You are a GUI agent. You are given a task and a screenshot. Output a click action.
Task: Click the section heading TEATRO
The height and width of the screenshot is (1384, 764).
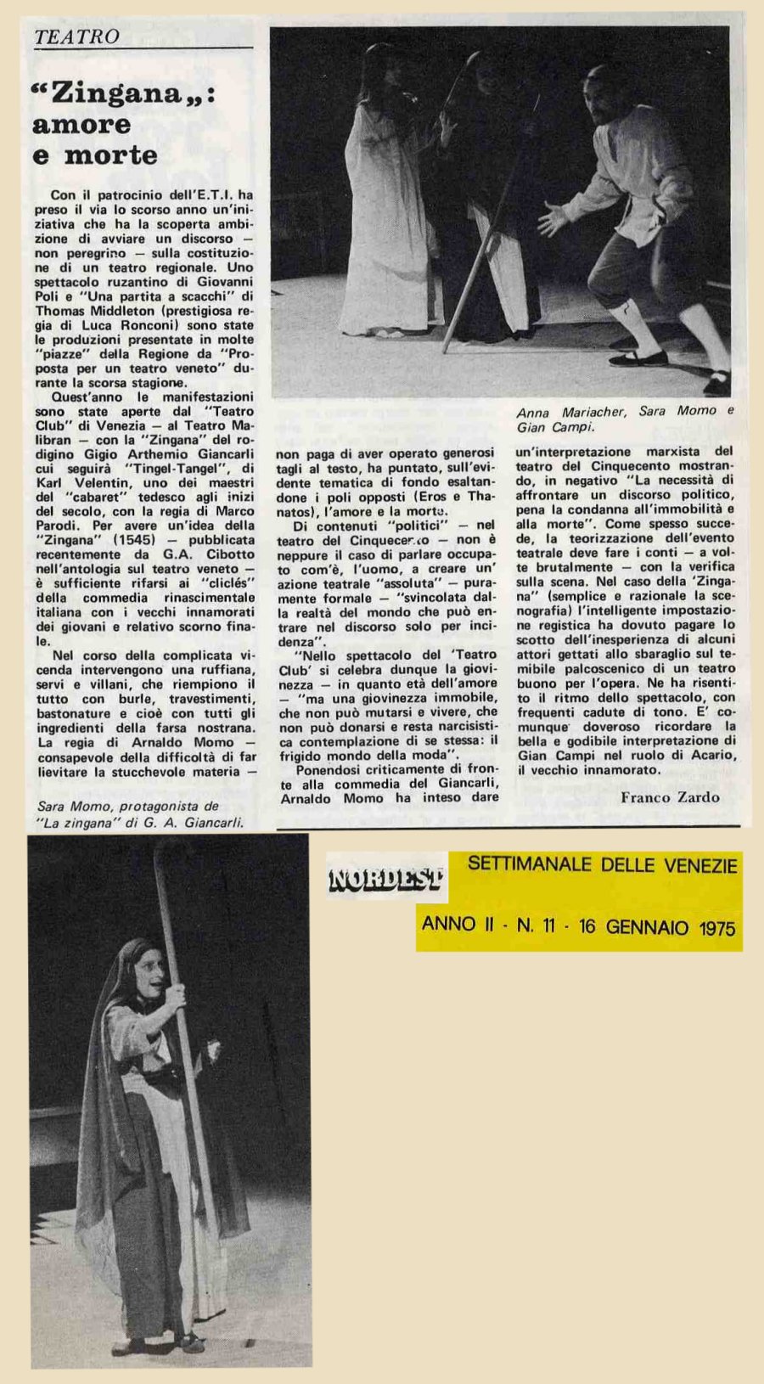pos(77,37)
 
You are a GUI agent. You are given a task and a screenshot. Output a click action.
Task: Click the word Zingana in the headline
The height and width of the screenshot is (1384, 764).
pos(118,93)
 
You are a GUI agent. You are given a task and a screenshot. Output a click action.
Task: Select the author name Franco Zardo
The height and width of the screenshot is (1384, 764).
pos(670,796)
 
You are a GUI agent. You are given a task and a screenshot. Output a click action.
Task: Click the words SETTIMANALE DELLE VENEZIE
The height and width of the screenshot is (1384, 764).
pos(602,866)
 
